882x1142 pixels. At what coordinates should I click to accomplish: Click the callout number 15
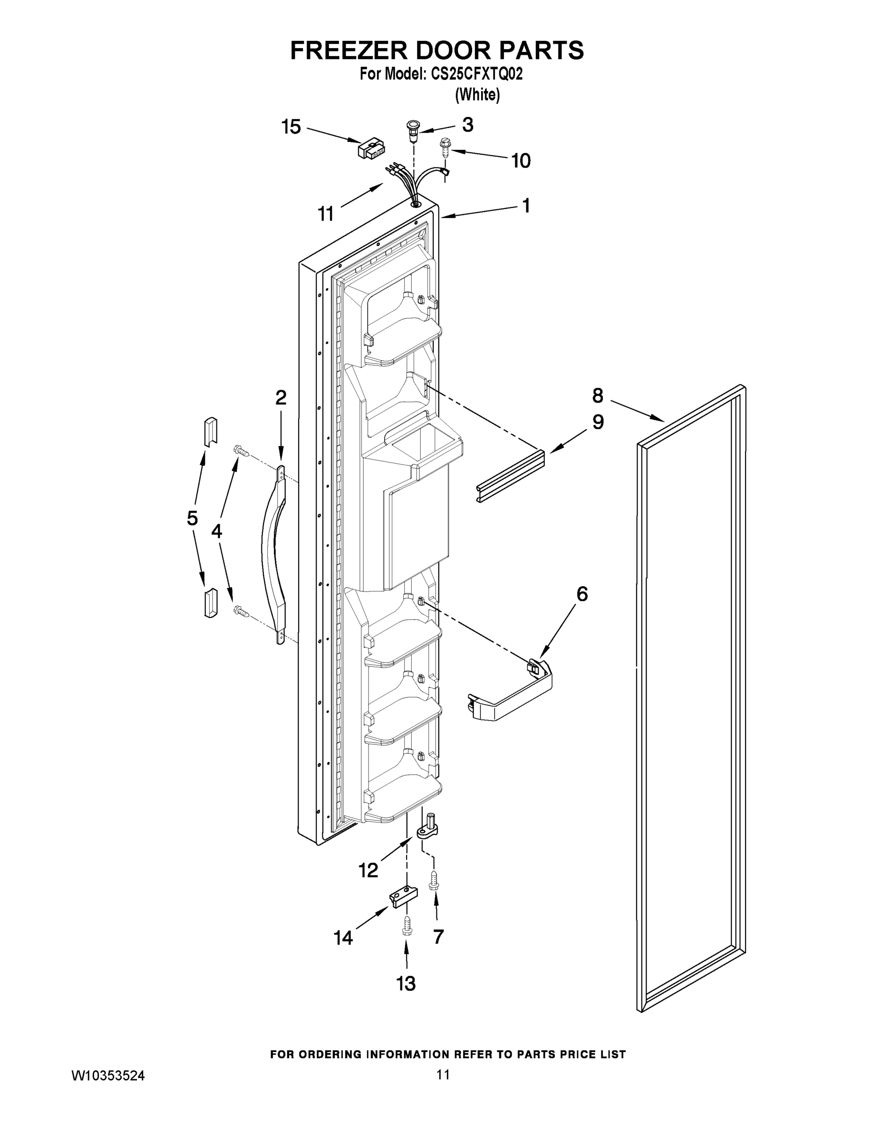[x=291, y=127]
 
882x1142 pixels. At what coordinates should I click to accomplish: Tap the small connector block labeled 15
[x=370, y=148]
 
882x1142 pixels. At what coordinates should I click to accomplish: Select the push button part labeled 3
[x=413, y=130]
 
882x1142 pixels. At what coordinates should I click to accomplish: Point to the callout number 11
[x=326, y=213]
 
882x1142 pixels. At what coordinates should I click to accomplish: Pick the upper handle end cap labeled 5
[x=211, y=432]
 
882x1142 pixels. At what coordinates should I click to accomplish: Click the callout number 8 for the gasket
[x=598, y=396]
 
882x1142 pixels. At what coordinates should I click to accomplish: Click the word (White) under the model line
[x=477, y=95]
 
